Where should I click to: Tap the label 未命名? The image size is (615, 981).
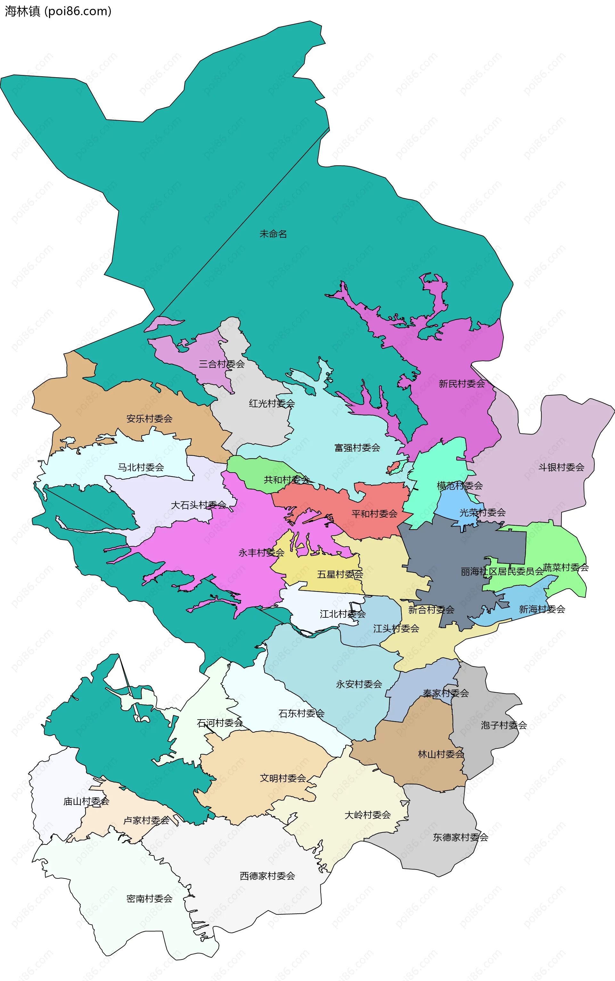click(273, 234)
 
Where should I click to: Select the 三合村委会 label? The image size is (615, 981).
click(221, 364)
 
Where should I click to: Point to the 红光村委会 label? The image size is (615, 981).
click(272, 403)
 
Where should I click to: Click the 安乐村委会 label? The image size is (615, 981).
click(149, 418)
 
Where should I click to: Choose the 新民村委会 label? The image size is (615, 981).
click(462, 383)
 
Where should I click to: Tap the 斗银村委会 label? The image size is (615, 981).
click(561, 467)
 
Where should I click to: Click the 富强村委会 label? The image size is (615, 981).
click(357, 448)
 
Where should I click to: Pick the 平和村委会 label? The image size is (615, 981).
click(374, 514)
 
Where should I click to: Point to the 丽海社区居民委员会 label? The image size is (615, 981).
click(502, 572)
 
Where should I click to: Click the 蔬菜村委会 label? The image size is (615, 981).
click(565, 567)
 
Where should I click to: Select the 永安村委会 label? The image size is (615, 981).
click(359, 684)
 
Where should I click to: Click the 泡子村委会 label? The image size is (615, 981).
click(504, 725)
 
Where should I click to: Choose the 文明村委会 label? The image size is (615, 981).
click(283, 778)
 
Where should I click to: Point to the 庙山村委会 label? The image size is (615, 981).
click(86, 801)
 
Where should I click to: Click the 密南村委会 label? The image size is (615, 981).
click(149, 898)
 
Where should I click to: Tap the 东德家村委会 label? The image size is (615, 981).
click(460, 837)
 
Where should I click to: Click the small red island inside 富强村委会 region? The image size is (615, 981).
click(393, 467)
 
